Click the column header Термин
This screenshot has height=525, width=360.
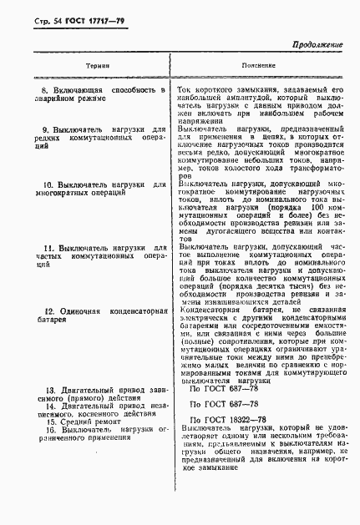click(x=91, y=64)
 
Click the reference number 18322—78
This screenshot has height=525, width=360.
click(x=245, y=418)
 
